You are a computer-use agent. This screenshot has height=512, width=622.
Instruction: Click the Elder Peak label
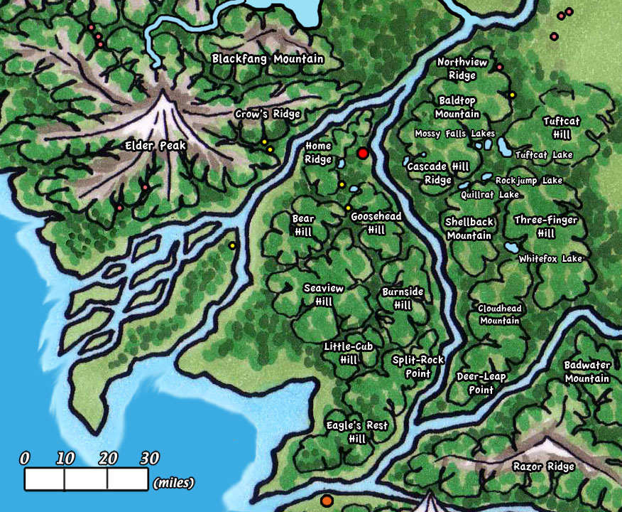tap(155, 146)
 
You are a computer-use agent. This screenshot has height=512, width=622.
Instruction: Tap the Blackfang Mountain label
tap(268, 60)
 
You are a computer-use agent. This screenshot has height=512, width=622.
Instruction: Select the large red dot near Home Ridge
tap(363, 154)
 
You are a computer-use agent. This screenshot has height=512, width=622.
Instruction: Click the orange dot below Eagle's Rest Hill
tap(327, 501)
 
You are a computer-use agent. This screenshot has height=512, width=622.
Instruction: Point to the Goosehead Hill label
tap(376, 223)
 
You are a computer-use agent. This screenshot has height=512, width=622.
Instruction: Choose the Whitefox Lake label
tap(550, 259)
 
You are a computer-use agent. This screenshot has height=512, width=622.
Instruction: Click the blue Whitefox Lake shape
tap(510, 248)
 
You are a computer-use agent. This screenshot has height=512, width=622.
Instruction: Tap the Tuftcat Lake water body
tap(502, 147)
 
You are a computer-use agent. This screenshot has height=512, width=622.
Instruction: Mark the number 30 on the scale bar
tap(149, 459)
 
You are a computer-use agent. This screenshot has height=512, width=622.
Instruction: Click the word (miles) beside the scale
tap(174, 484)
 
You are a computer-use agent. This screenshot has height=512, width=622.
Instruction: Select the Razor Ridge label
tap(543, 467)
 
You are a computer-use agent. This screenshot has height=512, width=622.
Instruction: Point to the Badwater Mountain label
tap(587, 372)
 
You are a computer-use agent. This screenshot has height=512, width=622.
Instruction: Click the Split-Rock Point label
tap(412, 366)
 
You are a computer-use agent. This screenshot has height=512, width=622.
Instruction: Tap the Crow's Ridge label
tap(268, 114)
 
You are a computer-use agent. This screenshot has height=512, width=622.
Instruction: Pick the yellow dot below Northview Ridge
tap(511, 94)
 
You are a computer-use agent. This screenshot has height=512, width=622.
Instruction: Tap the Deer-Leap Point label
tap(481, 383)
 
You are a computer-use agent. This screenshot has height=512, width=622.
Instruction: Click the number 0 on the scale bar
tap(26, 459)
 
